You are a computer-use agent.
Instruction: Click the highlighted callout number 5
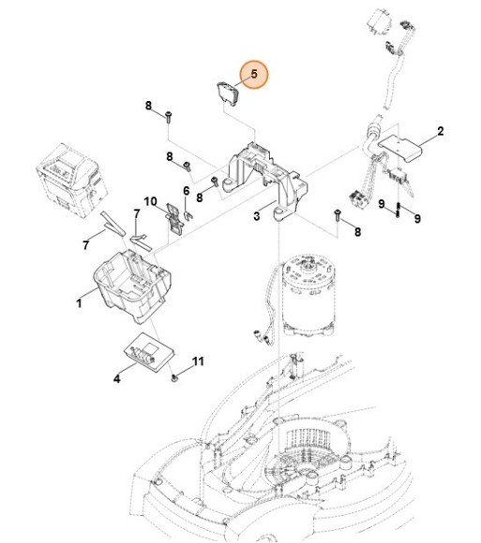pos(254,74)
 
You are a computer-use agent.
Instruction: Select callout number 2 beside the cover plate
pos(440,131)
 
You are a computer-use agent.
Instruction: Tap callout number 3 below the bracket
pos(256,216)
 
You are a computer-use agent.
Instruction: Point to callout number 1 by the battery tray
pos(79,303)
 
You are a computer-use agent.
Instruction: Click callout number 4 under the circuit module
pos(117,378)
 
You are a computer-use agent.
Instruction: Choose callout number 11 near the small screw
pos(198,361)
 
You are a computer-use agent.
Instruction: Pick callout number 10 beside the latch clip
pos(150,201)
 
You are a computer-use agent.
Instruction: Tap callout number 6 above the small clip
pos(187,191)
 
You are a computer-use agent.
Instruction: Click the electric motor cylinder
pos(308,296)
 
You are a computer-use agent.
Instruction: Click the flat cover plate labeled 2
pos(399,147)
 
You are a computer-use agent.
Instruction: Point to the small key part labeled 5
pos(228,93)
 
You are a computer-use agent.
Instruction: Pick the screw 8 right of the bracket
pos(337,214)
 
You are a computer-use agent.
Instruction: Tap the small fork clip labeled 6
pos(188,215)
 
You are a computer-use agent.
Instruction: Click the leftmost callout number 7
pos(85,245)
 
